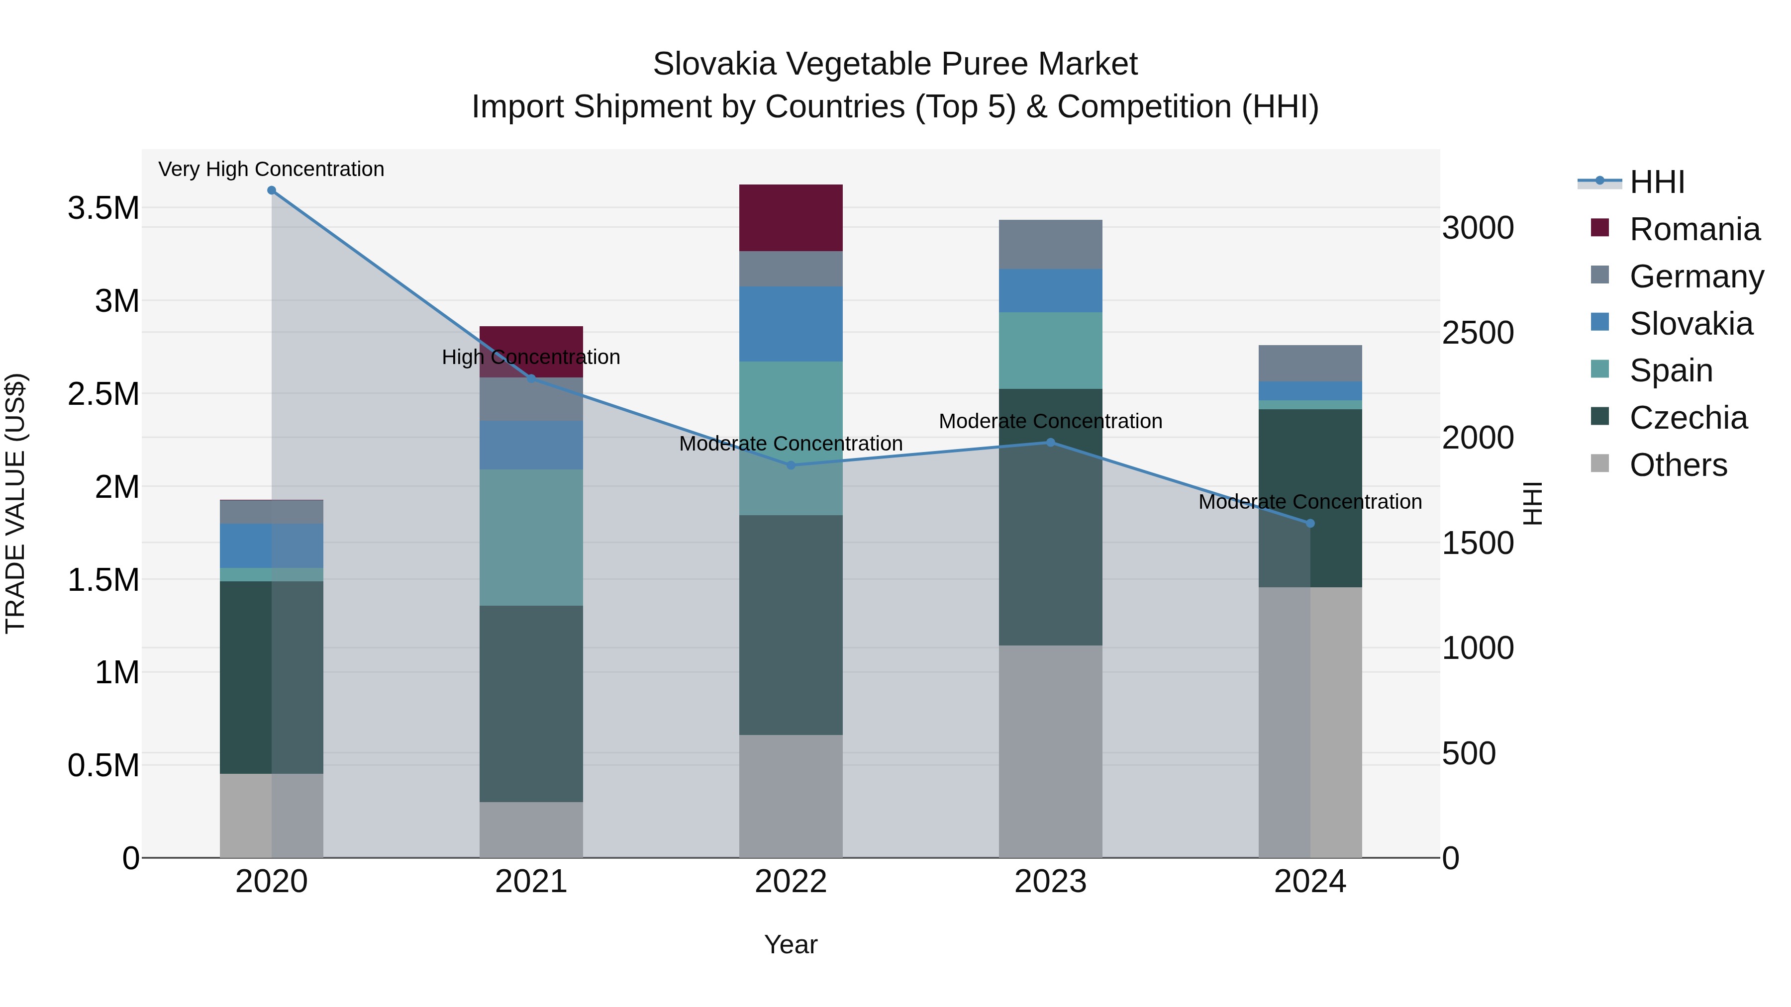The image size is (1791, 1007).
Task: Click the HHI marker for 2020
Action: [x=272, y=190]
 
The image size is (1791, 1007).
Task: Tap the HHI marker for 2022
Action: [x=791, y=465]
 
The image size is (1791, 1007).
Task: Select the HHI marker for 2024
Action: [x=1310, y=523]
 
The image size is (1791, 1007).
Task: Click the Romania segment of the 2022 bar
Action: [x=791, y=217]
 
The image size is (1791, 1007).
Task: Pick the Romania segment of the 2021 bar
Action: [x=531, y=339]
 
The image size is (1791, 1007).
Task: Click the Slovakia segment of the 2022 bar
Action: [x=791, y=324]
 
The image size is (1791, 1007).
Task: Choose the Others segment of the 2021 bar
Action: [x=531, y=830]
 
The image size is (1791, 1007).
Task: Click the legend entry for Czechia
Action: [x=1688, y=418]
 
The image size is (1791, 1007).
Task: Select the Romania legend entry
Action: [x=1694, y=229]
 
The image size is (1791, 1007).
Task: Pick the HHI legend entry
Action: [x=1657, y=182]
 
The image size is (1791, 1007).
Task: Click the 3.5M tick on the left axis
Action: [x=103, y=208]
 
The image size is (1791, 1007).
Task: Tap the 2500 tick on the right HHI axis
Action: [x=1478, y=332]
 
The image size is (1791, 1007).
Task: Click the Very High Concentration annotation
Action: [x=271, y=169]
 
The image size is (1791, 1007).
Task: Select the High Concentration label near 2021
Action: [x=531, y=357]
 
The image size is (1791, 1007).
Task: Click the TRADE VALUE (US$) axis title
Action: [x=15, y=503]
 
